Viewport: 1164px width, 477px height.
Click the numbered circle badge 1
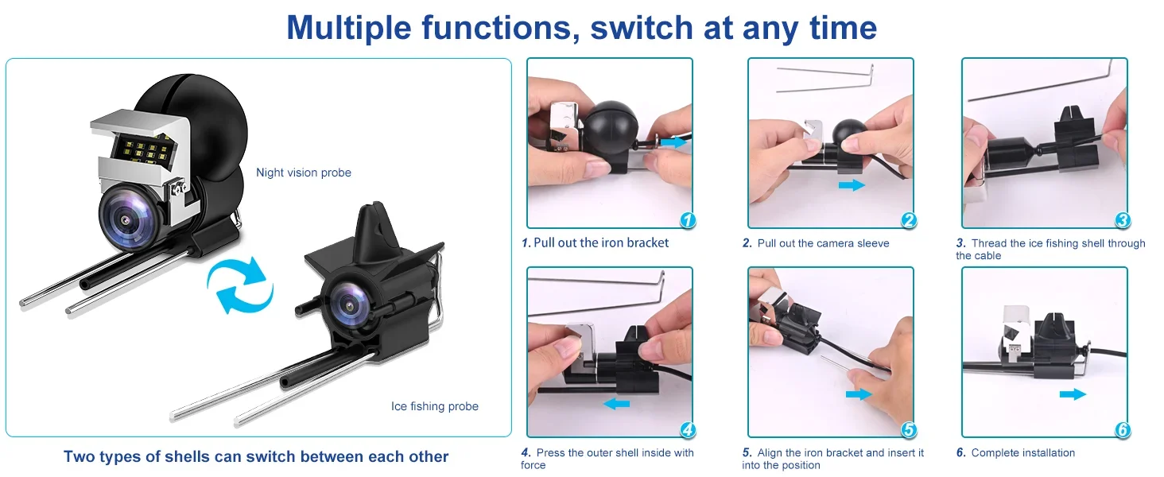pos(688,220)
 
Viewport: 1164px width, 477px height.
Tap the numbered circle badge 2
pos(908,220)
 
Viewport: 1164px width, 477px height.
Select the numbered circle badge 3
pos(1123,220)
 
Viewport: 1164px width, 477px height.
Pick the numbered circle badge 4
pos(688,430)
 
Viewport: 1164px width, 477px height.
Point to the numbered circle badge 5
pos(908,430)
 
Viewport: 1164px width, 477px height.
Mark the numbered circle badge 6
pos(1123,430)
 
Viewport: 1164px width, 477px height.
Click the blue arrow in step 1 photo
pos(674,142)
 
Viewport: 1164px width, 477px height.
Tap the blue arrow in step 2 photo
pos(852,184)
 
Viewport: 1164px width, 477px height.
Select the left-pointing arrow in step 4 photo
pos(616,403)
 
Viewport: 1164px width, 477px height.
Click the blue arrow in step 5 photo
pos(859,394)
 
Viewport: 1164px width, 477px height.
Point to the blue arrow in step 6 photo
pos(1073,394)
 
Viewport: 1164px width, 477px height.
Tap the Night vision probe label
pos(304,173)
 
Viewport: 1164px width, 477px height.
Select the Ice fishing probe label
pos(434,406)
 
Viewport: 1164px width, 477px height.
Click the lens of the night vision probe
pos(126,219)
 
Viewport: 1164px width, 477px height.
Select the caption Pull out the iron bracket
pos(601,242)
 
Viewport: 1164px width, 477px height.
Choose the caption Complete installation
pos(1022,452)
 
